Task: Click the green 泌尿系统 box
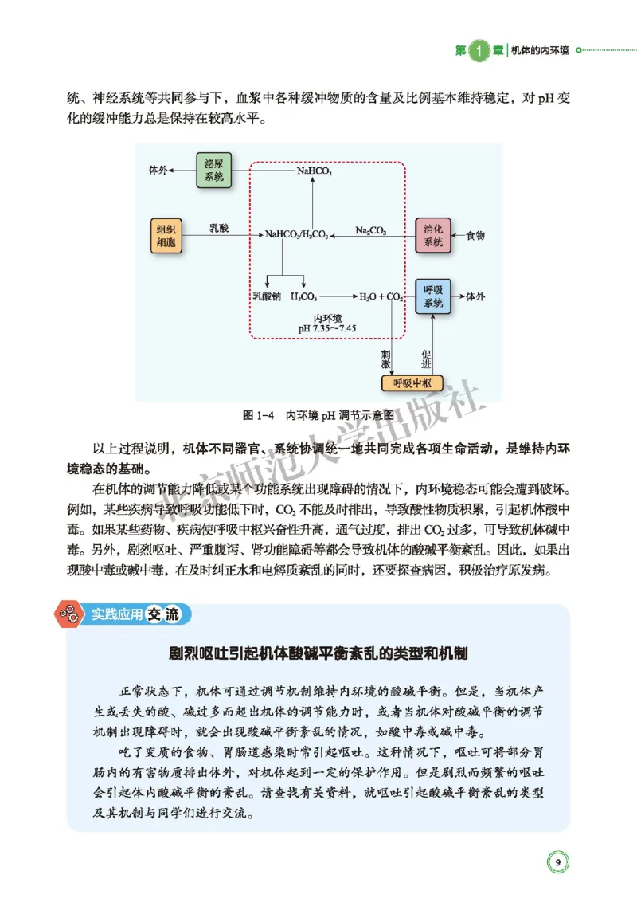213,171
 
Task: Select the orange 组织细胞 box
167,235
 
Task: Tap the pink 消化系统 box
432,235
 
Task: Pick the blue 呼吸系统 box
432,296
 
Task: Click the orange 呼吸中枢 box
412,383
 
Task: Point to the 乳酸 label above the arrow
219,229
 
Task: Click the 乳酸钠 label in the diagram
268,296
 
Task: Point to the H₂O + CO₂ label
381,296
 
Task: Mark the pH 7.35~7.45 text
326,327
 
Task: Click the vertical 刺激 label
385,358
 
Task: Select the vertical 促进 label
427,358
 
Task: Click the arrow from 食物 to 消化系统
457,236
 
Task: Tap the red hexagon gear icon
66,614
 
